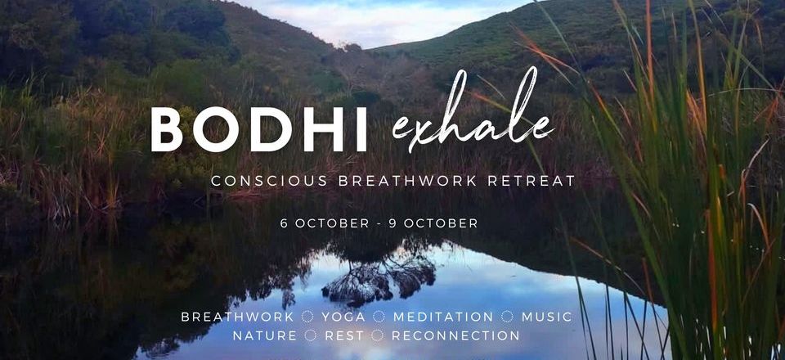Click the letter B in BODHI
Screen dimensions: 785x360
click(x=167, y=129)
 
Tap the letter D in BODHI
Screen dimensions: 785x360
click(x=270, y=129)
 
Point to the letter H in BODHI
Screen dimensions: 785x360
click(x=319, y=129)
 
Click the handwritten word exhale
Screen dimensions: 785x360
click(x=473, y=110)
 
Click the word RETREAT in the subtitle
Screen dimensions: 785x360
click(x=532, y=182)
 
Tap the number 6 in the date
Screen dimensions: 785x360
click(x=284, y=223)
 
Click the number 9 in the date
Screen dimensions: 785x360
click(x=393, y=223)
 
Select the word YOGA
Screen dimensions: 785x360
click(x=343, y=317)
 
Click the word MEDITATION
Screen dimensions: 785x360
click(x=443, y=317)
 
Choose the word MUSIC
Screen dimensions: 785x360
click(x=547, y=317)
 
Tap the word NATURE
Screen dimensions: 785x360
click(x=265, y=335)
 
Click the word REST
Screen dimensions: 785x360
click(x=344, y=335)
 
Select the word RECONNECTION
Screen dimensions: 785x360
click(x=455, y=335)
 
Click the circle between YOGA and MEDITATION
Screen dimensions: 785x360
click(x=379, y=317)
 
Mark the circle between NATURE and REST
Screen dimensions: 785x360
click(x=311, y=335)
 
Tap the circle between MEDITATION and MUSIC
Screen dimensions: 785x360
click(x=508, y=317)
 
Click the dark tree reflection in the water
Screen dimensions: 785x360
click(x=379, y=273)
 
